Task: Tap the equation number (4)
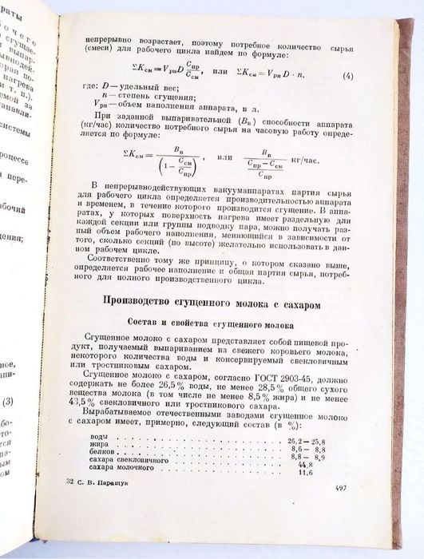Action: click(x=348, y=77)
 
